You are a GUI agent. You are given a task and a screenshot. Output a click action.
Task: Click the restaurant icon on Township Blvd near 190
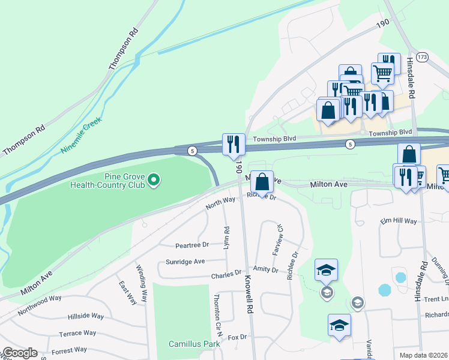point(234,145)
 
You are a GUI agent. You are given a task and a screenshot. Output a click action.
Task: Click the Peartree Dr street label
point(191,245)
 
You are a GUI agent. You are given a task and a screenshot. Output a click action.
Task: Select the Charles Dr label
point(226,275)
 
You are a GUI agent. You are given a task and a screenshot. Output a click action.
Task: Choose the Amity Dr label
point(265,270)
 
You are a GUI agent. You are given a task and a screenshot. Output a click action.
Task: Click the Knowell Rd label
point(247,294)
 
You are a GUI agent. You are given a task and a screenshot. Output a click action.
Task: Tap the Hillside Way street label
point(85,316)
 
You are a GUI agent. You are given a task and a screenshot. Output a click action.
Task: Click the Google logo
point(19,353)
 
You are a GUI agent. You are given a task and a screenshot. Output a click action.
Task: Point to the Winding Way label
point(142,283)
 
